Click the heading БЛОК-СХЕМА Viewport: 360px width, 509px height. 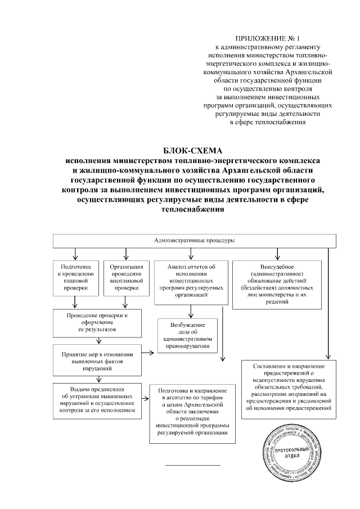[x=193, y=150]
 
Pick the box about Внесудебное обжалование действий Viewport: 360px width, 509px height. [x=277, y=283]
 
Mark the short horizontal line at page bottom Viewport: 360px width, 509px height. [x=192, y=465]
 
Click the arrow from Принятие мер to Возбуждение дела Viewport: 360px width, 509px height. [x=148, y=354]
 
